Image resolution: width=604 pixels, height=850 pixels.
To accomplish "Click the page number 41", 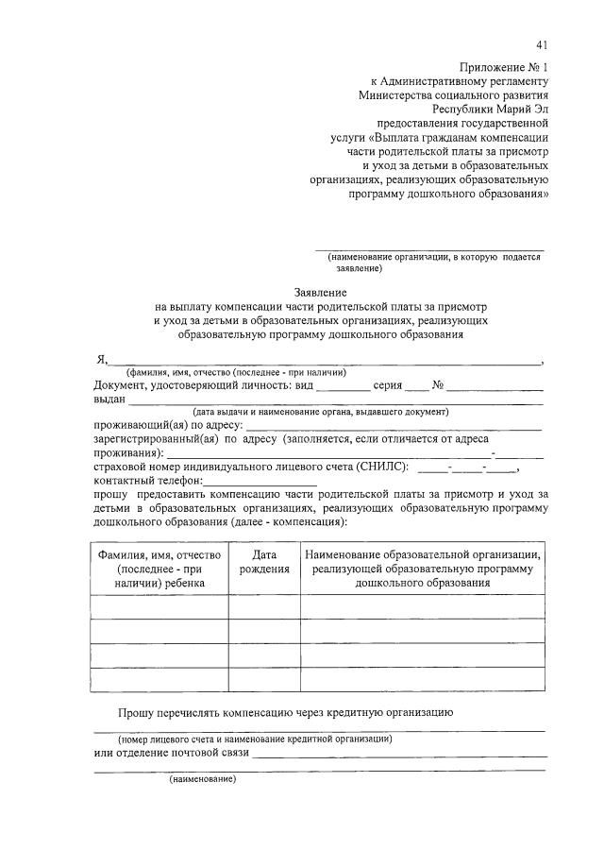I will click(541, 44).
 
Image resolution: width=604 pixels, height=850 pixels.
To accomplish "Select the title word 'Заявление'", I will click(322, 293).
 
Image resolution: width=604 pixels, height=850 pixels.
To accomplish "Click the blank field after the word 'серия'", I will click(416, 385).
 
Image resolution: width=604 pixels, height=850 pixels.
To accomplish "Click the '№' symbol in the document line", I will click(438, 385).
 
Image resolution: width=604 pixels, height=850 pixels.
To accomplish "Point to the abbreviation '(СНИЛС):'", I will click(383, 466).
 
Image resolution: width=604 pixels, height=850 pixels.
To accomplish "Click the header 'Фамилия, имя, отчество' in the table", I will click(159, 555).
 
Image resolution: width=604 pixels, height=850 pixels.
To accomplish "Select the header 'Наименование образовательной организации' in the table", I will click(422, 555).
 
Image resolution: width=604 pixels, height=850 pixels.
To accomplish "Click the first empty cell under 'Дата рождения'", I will click(264, 606).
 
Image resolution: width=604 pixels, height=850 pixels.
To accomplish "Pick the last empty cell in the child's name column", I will click(159, 680).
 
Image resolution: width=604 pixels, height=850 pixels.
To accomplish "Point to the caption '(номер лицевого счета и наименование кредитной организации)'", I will click(255, 739).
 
